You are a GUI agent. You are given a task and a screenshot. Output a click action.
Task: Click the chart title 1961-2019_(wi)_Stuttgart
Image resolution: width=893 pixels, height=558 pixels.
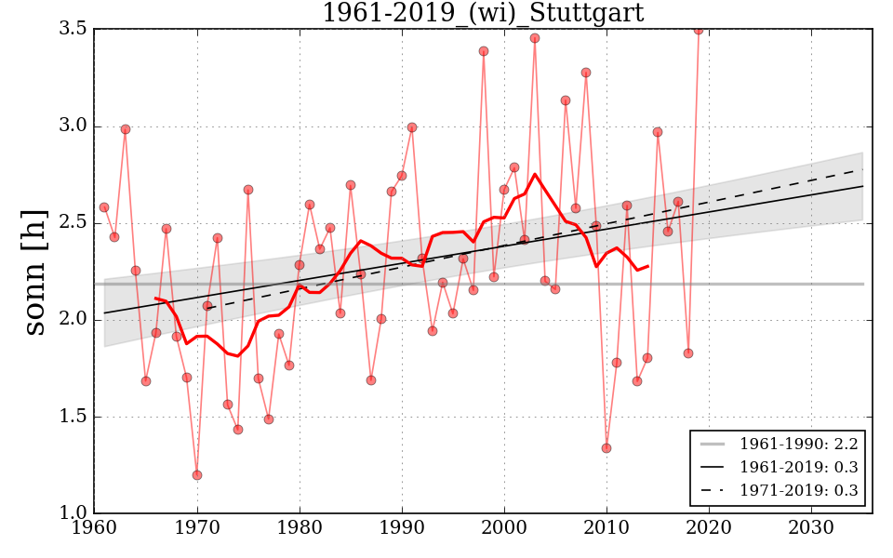pyautogui.click(x=482, y=13)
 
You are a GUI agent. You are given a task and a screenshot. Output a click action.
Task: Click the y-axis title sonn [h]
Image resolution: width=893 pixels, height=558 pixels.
pyautogui.click(x=35, y=271)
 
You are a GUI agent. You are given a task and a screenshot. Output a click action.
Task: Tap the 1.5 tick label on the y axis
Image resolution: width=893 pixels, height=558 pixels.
pyautogui.click(x=75, y=417)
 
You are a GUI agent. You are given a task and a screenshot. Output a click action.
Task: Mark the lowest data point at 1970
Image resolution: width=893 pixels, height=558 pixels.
pyautogui.click(x=197, y=475)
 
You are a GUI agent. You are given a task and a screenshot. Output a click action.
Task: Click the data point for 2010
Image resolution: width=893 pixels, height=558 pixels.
pyautogui.click(x=606, y=448)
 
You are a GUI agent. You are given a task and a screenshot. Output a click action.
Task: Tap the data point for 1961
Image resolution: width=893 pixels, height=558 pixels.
pyautogui.click(x=104, y=207)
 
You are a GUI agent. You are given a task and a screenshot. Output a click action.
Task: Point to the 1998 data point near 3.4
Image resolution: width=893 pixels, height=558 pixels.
pyautogui.click(x=484, y=51)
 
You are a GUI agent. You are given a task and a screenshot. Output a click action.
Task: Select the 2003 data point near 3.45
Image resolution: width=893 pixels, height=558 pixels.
pyautogui.click(x=535, y=38)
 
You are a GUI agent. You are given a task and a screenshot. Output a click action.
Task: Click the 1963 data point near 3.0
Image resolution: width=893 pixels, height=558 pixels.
pyautogui.click(x=126, y=129)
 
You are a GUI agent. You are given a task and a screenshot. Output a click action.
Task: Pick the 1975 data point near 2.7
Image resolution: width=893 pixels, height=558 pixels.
pyautogui.click(x=248, y=190)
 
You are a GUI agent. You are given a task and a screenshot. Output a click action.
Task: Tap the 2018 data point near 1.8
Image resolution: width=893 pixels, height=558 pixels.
pyautogui.click(x=688, y=353)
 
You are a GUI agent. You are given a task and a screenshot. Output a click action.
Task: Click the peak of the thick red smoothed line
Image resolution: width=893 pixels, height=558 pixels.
pyautogui.click(x=535, y=174)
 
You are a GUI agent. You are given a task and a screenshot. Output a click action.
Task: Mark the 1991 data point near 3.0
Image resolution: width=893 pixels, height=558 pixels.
pyautogui.click(x=412, y=127)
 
